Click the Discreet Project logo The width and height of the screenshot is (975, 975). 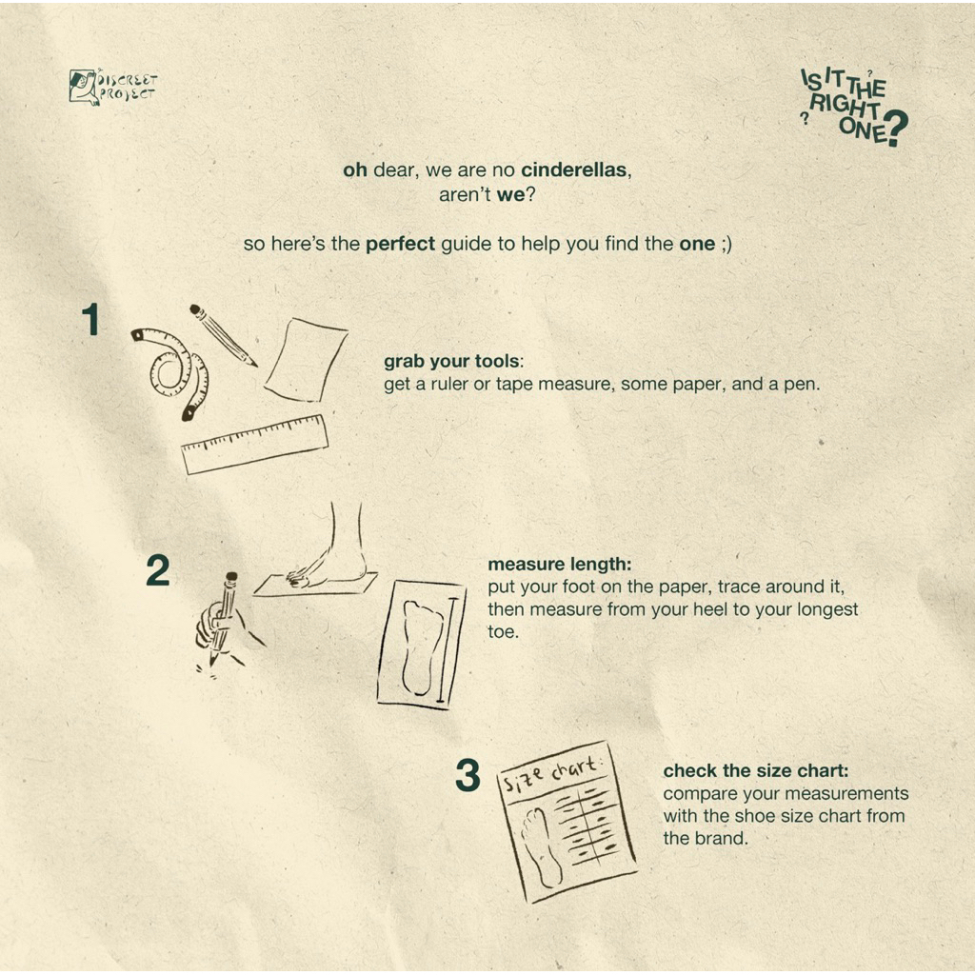[x=112, y=87]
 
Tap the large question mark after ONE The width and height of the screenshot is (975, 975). [x=896, y=129]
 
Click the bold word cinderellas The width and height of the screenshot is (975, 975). [x=573, y=169]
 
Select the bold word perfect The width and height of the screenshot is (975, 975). [x=400, y=244]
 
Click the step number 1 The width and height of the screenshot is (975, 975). [x=90, y=320]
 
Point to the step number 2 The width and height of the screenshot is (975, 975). [x=158, y=571]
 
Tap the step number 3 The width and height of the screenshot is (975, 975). [x=468, y=775]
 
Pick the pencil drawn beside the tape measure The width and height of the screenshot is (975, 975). [x=223, y=334]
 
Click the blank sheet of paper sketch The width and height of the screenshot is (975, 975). [x=306, y=359]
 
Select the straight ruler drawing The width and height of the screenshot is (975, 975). [x=255, y=444]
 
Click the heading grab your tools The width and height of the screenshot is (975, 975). [x=453, y=361]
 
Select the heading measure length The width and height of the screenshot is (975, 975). [x=559, y=564]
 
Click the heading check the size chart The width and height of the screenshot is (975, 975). [x=755, y=771]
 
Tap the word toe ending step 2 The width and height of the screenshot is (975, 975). [x=503, y=632]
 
